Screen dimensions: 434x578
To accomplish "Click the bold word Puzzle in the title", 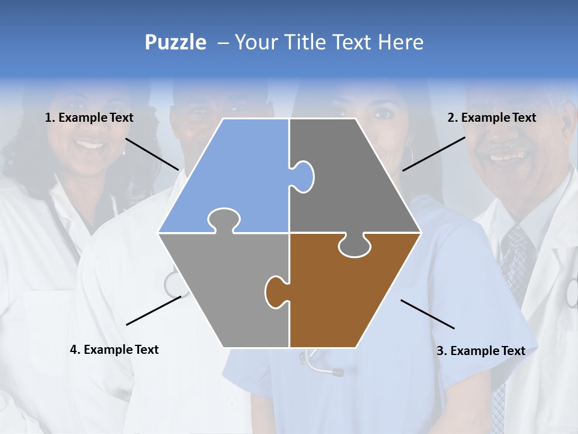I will point(175,42).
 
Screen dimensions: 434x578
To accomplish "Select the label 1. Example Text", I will point(89,118).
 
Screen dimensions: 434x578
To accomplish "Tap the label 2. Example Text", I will point(491,118).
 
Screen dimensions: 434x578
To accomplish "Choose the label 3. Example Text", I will point(480,351).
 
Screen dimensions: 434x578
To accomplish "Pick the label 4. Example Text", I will point(114,350).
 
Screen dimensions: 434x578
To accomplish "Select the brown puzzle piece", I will point(349,295).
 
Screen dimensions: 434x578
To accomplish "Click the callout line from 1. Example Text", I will point(152,154).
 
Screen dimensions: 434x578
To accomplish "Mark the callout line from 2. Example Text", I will point(433,154).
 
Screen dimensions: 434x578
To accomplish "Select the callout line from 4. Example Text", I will point(154,310).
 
